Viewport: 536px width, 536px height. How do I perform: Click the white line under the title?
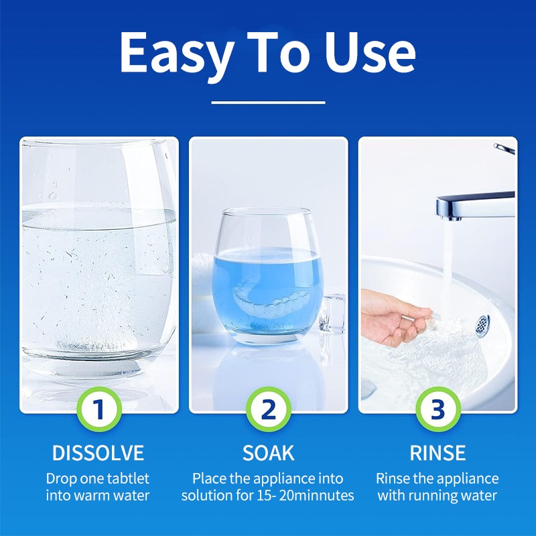(268, 103)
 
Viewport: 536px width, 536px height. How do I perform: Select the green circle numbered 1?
(99, 409)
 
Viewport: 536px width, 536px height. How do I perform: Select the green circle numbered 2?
(268, 409)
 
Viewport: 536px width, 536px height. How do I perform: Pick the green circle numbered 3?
(437, 409)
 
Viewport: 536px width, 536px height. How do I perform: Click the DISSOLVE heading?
(98, 453)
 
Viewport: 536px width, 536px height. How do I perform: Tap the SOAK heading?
(268, 453)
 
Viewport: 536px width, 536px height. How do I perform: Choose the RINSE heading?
(438, 453)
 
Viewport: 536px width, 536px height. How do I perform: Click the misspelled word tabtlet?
(127, 479)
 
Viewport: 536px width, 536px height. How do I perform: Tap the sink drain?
(484, 324)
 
